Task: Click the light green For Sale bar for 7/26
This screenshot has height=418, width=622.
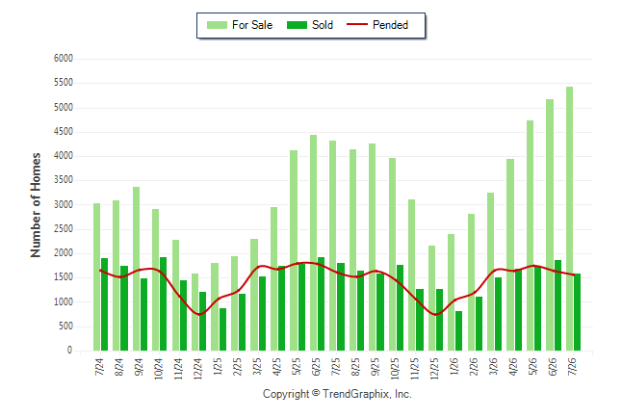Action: [x=569, y=219]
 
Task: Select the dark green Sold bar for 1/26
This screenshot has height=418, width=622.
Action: [x=458, y=330]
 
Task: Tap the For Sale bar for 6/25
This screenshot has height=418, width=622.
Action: [x=313, y=243]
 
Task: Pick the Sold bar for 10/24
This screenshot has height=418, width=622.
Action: [x=163, y=303]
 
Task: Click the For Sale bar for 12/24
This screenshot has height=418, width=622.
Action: [x=194, y=312]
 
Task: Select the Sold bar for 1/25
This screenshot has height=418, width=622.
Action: [x=223, y=329]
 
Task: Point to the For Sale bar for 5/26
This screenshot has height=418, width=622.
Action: [x=530, y=235]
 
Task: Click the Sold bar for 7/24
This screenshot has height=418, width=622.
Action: [x=104, y=304]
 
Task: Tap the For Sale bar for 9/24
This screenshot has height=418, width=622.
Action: [x=136, y=269]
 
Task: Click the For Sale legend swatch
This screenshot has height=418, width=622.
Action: [x=217, y=25]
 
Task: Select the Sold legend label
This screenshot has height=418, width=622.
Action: [x=323, y=25]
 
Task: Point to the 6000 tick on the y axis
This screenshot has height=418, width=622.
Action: [x=64, y=59]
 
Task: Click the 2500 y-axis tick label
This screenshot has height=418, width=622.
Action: [x=64, y=229]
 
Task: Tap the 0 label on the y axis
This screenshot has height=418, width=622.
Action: [x=70, y=351]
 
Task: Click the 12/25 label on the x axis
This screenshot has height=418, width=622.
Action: [x=434, y=369]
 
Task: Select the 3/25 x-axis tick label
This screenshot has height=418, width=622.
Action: [x=257, y=367]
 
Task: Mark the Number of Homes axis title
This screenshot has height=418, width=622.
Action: [x=36, y=205]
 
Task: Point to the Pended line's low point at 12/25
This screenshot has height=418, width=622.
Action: [x=436, y=315]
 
